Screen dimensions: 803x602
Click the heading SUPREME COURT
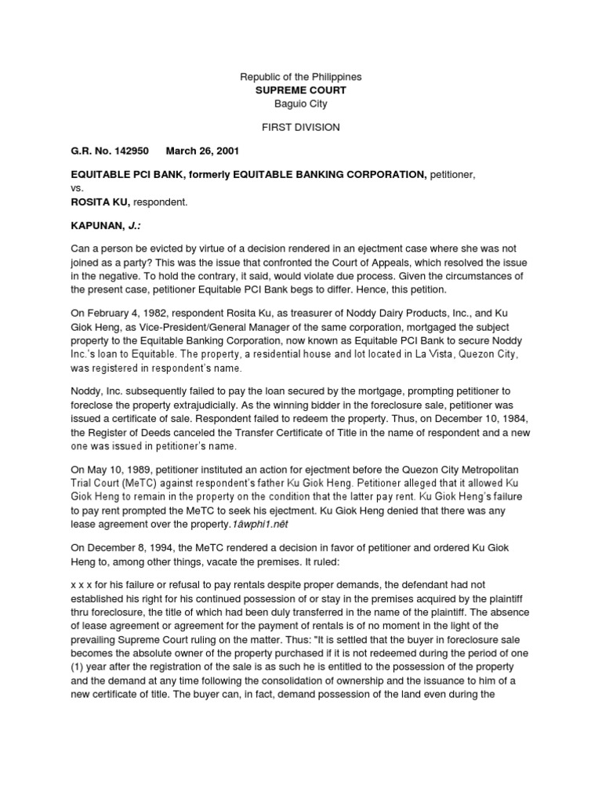point(300,90)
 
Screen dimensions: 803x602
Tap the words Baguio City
point(300,104)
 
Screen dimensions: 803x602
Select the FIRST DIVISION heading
point(300,127)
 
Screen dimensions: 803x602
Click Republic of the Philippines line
point(300,78)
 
